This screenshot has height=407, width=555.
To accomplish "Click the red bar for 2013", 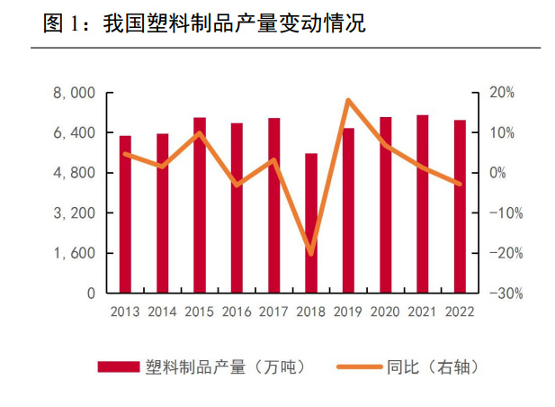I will tap(125, 214).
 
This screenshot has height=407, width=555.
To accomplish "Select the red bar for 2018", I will tap(311, 223).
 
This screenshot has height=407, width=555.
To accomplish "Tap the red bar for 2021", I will tap(422, 204).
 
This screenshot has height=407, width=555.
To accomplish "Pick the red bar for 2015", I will tap(200, 205).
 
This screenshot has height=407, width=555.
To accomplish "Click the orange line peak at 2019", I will tap(348, 100).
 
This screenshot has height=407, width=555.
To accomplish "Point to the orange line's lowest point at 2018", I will tap(311, 253).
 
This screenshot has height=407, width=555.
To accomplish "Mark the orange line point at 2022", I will tap(460, 185).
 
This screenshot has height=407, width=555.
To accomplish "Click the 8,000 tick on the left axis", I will tap(76, 93).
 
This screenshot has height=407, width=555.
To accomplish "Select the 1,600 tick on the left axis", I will tap(76, 253).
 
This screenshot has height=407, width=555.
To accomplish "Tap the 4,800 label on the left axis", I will tap(76, 173).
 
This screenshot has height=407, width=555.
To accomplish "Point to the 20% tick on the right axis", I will tap(502, 93).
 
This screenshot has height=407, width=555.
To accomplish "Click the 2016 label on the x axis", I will tap(237, 312).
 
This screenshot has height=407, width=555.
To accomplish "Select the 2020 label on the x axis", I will tap(385, 312).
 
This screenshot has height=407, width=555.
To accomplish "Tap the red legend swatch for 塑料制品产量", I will tap(119, 366).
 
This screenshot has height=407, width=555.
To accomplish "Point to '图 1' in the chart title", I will tap(59, 25).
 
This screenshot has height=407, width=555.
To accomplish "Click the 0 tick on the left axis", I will tap(90, 294).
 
